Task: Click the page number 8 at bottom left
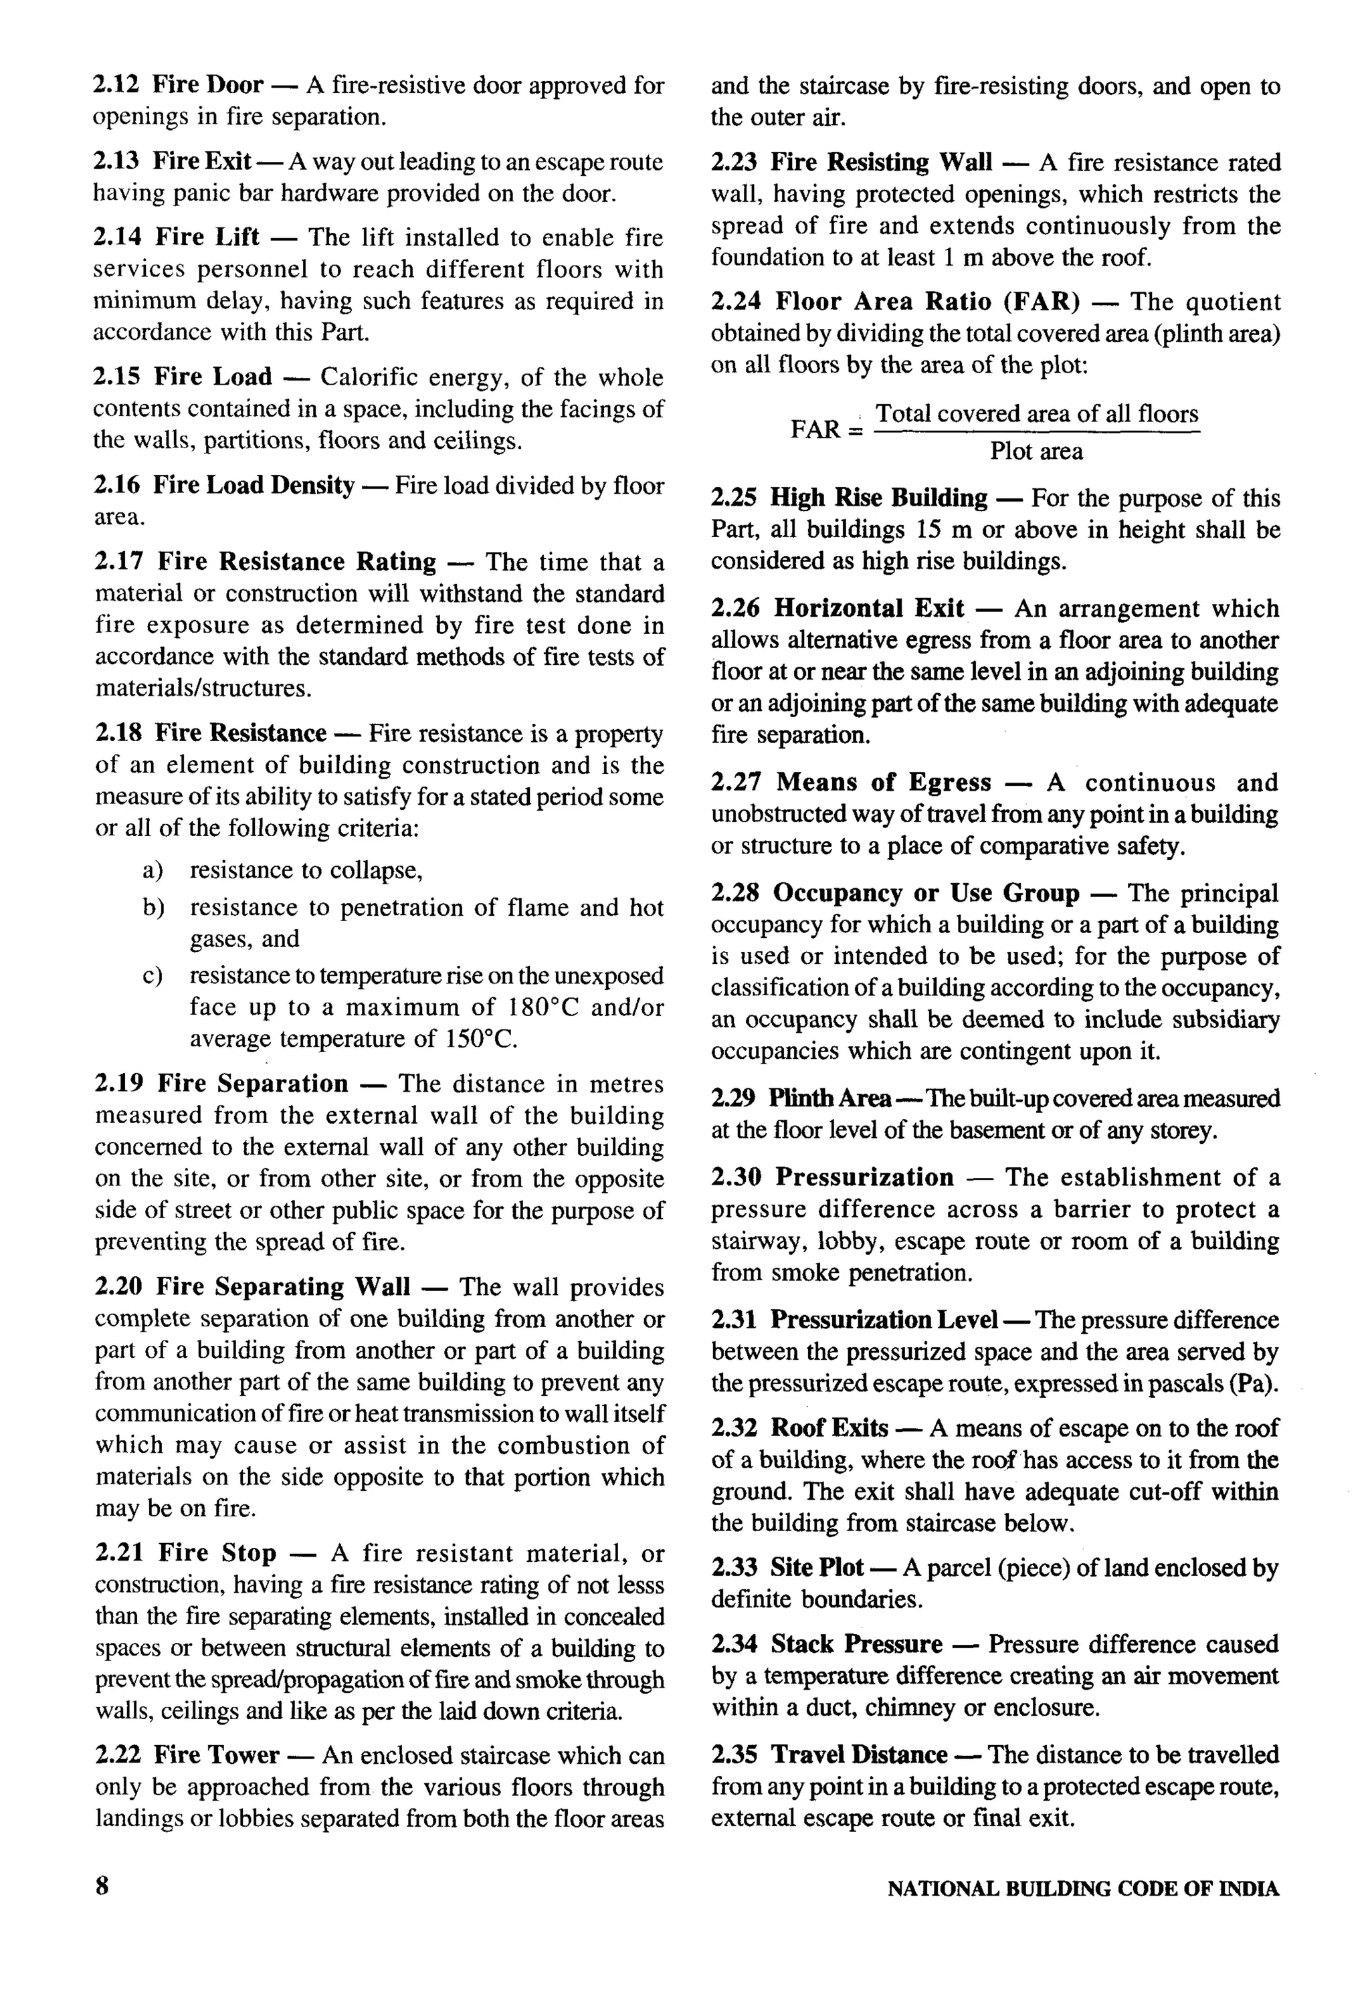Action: tap(102, 1887)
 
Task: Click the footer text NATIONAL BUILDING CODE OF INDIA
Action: tap(1082, 1889)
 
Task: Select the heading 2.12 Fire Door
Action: tap(179, 85)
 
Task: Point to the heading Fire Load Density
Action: tap(254, 486)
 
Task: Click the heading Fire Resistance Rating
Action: tap(297, 562)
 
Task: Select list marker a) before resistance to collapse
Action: tap(153, 871)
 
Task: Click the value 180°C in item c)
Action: tap(546, 1007)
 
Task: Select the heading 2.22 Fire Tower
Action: tap(187, 1755)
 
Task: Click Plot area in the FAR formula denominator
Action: tap(1036, 452)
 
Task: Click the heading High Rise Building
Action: tap(878, 498)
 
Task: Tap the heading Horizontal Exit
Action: tap(869, 609)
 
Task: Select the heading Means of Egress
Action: tap(883, 783)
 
